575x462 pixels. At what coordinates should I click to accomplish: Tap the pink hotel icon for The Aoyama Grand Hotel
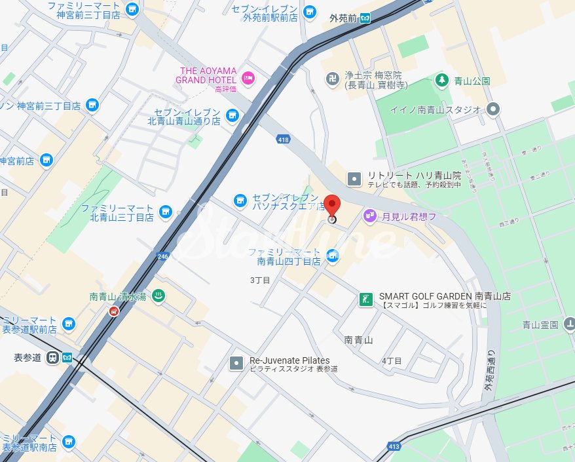tap(248, 78)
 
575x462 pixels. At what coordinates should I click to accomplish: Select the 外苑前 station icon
tap(366, 18)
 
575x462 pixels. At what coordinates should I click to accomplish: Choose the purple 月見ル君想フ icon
tap(369, 215)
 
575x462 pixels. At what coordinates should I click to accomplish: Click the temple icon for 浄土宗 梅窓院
tap(332, 79)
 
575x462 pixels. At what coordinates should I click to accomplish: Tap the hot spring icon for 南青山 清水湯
tap(158, 297)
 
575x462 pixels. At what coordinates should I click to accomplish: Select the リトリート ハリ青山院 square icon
tap(354, 178)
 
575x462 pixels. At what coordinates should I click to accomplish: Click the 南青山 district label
tap(358, 340)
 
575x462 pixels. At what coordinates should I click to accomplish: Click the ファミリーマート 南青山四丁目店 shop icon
tap(333, 255)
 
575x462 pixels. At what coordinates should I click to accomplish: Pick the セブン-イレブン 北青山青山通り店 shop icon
tap(231, 116)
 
